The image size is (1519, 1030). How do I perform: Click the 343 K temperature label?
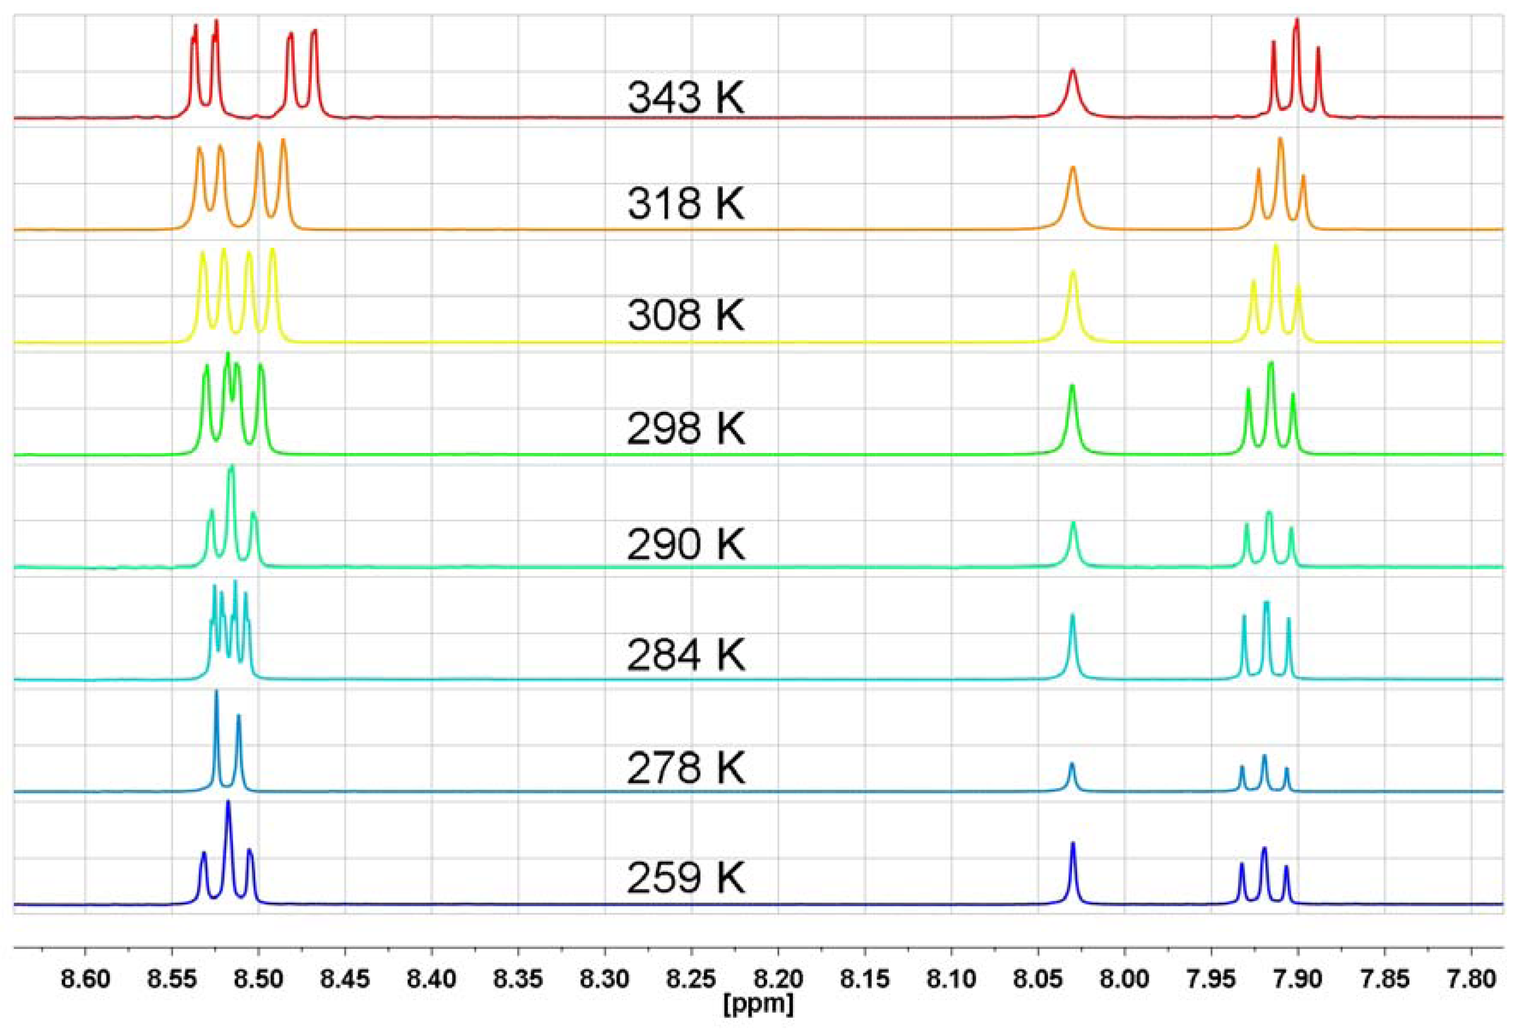tap(685, 98)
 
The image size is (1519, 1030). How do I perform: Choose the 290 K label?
tap(685, 544)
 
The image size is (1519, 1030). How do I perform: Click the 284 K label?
tap(685, 655)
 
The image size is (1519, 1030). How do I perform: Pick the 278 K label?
tap(685, 768)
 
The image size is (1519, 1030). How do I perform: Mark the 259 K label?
tap(685, 878)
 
